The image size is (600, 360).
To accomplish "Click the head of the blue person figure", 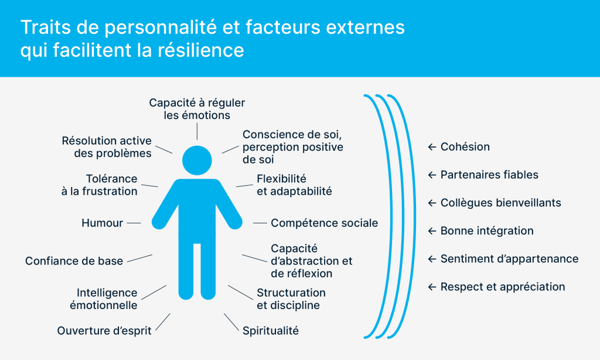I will coord(197,160).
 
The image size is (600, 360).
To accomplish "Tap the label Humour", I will coord(103,223).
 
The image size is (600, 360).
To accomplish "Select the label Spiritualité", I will coord(271,331).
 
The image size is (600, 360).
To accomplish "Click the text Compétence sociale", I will coord(324,223).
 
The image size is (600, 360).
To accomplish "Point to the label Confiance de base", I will coord(74,261).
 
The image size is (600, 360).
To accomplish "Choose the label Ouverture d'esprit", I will coord(104,331).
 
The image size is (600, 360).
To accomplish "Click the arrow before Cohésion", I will coord(432,147).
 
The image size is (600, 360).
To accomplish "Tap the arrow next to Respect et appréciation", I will coord(432,287).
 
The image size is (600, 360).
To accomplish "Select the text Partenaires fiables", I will coord(489,175).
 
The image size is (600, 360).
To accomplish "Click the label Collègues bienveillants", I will coord(500,203).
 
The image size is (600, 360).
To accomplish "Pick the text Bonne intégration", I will coord(487,231).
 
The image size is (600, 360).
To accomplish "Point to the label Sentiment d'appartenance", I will coord(509,259).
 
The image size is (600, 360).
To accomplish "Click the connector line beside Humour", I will coord(134,223).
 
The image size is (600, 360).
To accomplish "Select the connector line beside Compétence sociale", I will coord(260,223).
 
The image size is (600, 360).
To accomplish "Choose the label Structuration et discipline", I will coord(291,299).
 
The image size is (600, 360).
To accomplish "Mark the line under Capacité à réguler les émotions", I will coord(197,131).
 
